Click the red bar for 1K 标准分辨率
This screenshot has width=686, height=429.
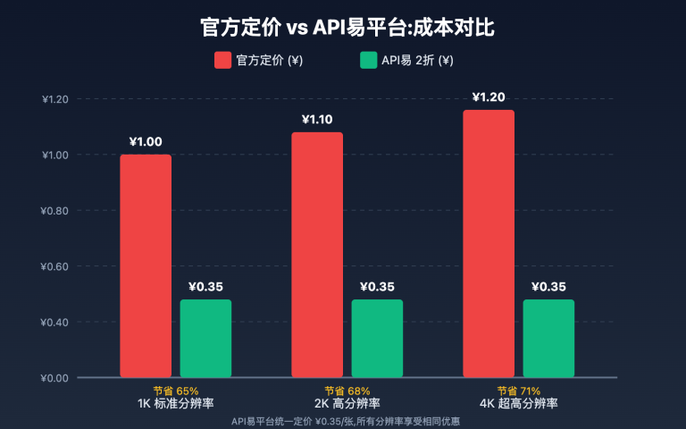pos(146,265)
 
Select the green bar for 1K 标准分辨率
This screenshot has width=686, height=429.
pos(205,338)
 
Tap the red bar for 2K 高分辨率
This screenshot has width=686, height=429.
pos(317,255)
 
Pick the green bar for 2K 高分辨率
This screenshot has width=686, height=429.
pos(377,338)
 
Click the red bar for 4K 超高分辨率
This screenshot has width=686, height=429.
pos(489,243)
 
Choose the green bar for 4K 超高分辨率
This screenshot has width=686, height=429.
pos(548,338)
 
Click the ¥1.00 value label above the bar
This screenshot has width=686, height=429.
pos(146,141)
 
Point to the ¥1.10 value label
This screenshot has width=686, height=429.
pos(317,119)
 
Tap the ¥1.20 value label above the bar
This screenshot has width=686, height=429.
pos(489,97)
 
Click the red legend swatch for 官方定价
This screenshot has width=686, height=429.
pos(222,61)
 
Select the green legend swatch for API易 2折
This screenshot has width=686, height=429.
pos(368,61)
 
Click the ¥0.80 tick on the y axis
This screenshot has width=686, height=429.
pos(55,211)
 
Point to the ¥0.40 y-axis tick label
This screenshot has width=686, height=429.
pos(55,322)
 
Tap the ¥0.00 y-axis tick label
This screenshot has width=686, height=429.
pos(55,378)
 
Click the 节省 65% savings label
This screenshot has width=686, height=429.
pos(175,391)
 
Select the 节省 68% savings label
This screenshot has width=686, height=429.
pos(347,391)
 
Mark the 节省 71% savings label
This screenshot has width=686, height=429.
pos(518,391)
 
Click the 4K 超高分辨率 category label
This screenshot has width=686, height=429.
pos(518,404)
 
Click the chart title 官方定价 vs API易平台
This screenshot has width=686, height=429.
pos(343,28)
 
